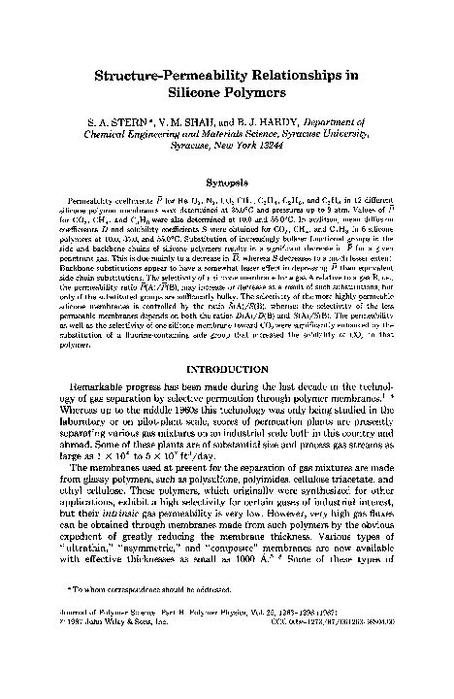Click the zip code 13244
tap(284, 154)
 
